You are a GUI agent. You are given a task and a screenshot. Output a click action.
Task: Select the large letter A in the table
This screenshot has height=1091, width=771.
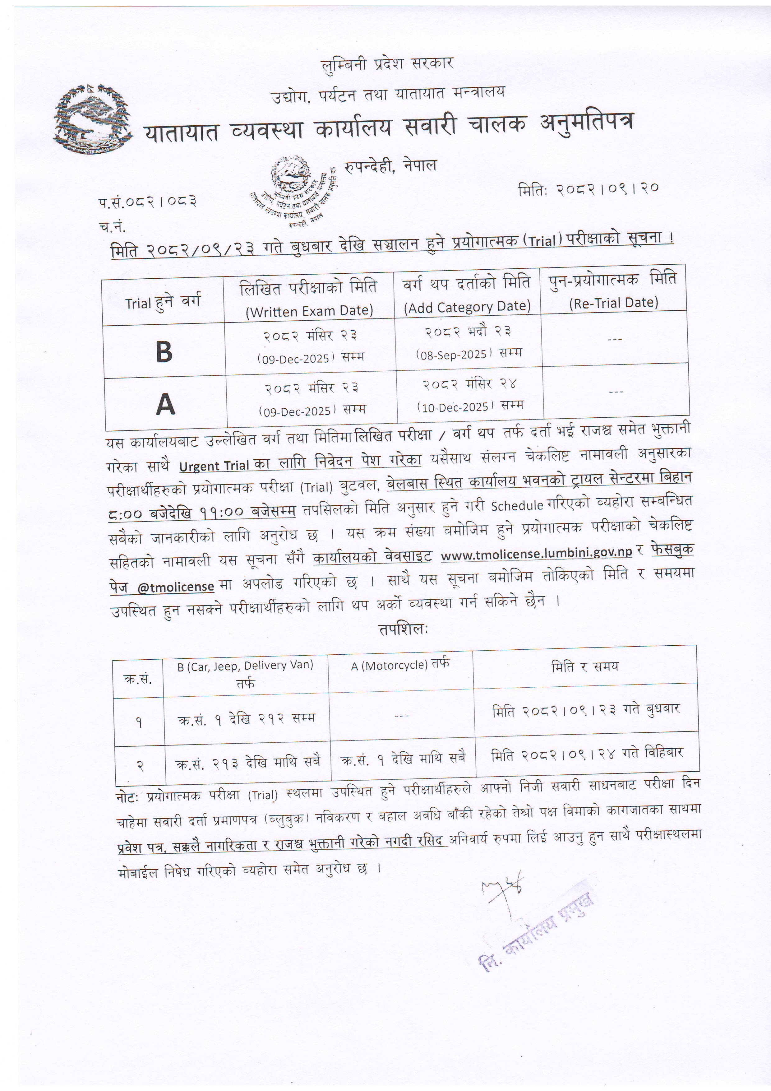click(x=165, y=405)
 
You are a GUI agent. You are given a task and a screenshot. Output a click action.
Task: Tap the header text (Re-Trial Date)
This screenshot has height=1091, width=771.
click(x=614, y=303)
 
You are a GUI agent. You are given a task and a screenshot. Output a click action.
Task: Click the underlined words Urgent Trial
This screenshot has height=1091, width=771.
click(x=214, y=466)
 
